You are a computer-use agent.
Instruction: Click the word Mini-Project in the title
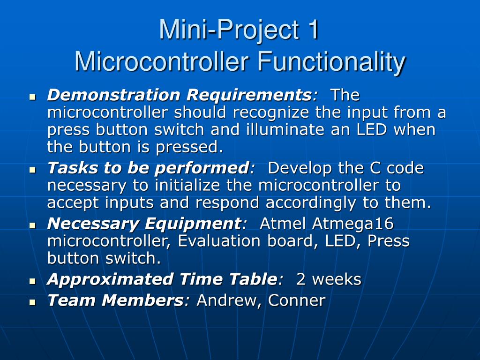(229, 30)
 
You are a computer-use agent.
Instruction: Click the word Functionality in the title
(331, 62)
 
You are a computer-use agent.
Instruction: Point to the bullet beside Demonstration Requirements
(32, 97)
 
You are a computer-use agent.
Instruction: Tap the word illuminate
(285, 129)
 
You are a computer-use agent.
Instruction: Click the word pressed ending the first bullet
(189, 148)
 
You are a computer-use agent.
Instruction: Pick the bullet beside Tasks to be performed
(32, 170)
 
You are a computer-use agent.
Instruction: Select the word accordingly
(311, 203)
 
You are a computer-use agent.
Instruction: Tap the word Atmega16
(353, 224)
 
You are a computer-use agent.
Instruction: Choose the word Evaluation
(219, 241)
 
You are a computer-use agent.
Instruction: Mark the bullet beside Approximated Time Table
(32, 281)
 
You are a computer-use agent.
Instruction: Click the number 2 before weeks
(300, 279)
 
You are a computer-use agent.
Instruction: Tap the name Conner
(297, 300)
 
